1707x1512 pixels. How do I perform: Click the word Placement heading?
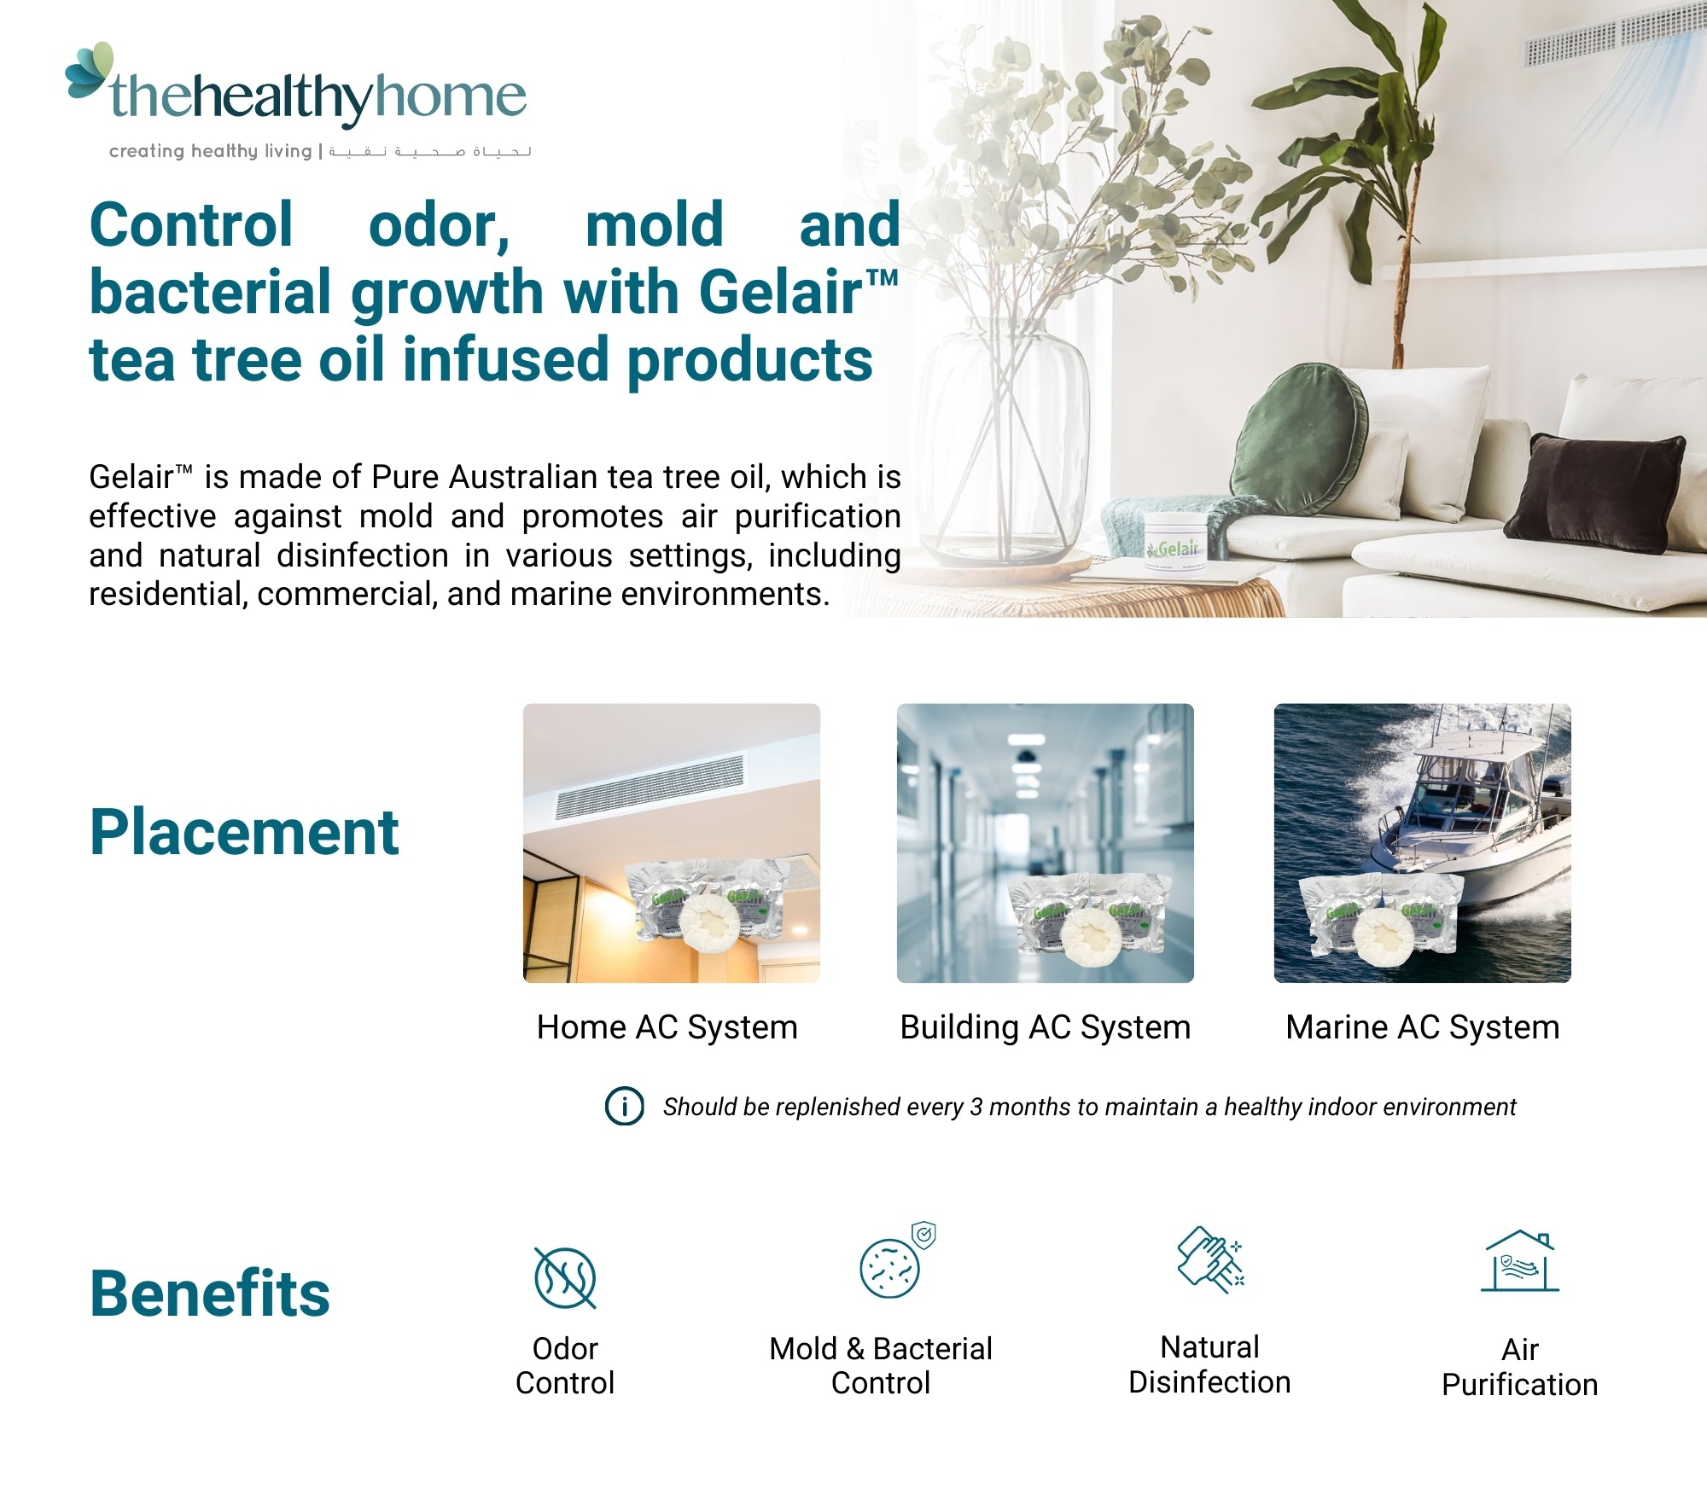click(244, 833)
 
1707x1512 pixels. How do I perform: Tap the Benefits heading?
click(209, 1294)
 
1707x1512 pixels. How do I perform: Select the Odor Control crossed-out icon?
click(565, 1277)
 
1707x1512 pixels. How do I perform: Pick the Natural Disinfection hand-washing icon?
click(1210, 1260)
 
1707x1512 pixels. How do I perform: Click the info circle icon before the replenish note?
click(624, 1107)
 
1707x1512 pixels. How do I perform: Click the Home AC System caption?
click(667, 1027)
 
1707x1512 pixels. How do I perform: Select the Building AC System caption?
click(1045, 1027)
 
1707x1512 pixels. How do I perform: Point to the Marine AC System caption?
click(1422, 1027)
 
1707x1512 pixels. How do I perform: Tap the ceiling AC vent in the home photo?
click(649, 787)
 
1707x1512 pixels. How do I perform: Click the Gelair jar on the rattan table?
click(1177, 544)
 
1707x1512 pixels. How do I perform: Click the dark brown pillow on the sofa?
click(1594, 493)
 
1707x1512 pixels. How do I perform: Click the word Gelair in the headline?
click(781, 293)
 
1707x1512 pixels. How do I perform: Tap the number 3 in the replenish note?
click(976, 1108)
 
